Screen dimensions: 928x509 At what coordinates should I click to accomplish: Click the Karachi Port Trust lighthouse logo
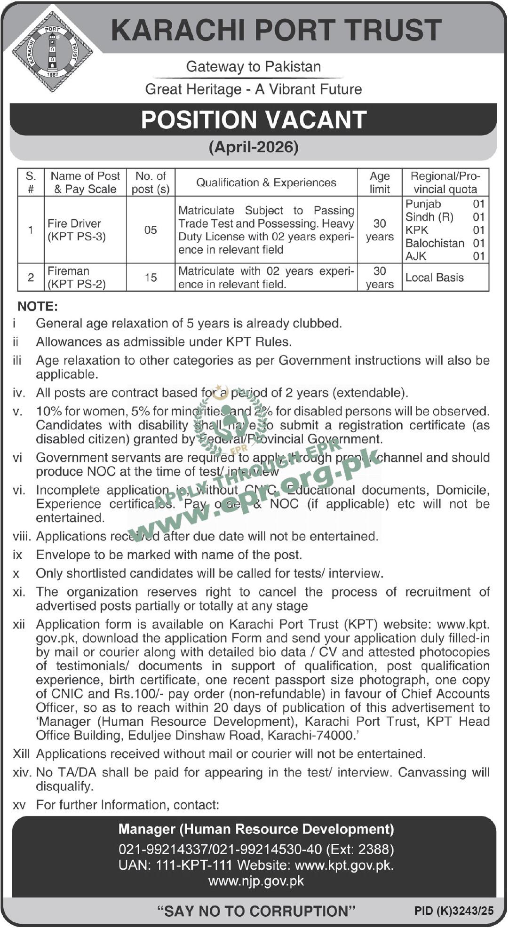coord(52,52)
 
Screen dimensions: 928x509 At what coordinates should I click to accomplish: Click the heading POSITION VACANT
coord(254,120)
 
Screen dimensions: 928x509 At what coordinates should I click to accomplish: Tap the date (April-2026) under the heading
coord(254,147)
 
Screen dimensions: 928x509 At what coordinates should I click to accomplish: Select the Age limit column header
coord(380,182)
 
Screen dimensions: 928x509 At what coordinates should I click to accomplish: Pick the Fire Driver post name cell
coord(77,230)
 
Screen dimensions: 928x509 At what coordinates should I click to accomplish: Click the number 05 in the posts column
coord(151,230)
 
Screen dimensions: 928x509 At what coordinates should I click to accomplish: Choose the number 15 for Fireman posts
coord(151,278)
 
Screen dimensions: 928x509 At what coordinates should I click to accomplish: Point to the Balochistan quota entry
coord(435,243)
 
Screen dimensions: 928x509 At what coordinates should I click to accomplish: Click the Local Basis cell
coord(435,278)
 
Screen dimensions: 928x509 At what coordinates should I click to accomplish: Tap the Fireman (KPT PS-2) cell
coord(77,278)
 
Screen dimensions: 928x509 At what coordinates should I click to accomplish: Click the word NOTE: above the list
coord(38,307)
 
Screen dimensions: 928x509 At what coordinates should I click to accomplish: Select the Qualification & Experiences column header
coord(266,182)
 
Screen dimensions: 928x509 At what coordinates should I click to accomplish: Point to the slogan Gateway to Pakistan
coord(254,67)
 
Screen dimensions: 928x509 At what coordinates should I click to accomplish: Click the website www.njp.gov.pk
coord(256,881)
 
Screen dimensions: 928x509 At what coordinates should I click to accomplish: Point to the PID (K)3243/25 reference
coord(454,911)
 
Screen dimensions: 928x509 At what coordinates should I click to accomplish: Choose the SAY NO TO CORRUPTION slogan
coord(256,911)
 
